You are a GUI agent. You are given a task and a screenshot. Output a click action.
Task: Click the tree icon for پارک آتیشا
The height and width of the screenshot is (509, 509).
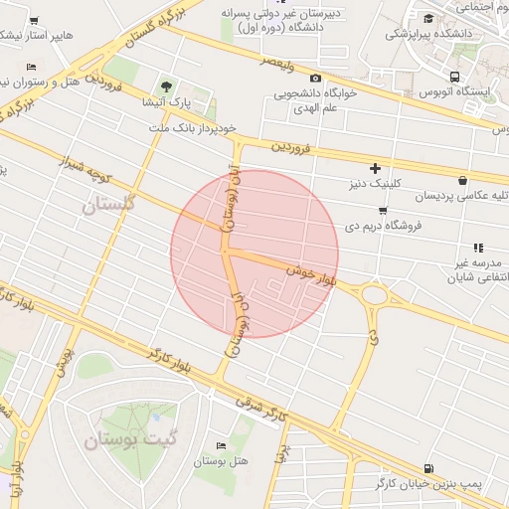(166, 86)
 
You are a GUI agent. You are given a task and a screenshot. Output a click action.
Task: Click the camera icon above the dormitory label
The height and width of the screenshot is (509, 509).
(315, 78)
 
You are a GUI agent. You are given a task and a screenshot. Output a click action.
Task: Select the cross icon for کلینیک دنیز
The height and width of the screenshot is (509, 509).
(375, 168)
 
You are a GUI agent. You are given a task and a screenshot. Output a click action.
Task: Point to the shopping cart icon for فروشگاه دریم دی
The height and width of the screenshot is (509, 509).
(383, 211)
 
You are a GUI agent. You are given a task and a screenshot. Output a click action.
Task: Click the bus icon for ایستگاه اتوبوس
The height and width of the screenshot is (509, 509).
(454, 77)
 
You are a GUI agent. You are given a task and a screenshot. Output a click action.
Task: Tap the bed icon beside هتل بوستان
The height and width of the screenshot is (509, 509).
(221, 445)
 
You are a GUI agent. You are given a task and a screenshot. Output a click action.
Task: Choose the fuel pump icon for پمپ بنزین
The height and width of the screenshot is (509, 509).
(427, 468)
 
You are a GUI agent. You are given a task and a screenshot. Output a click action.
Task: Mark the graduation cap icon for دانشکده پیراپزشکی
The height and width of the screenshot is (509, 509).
(427, 18)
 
